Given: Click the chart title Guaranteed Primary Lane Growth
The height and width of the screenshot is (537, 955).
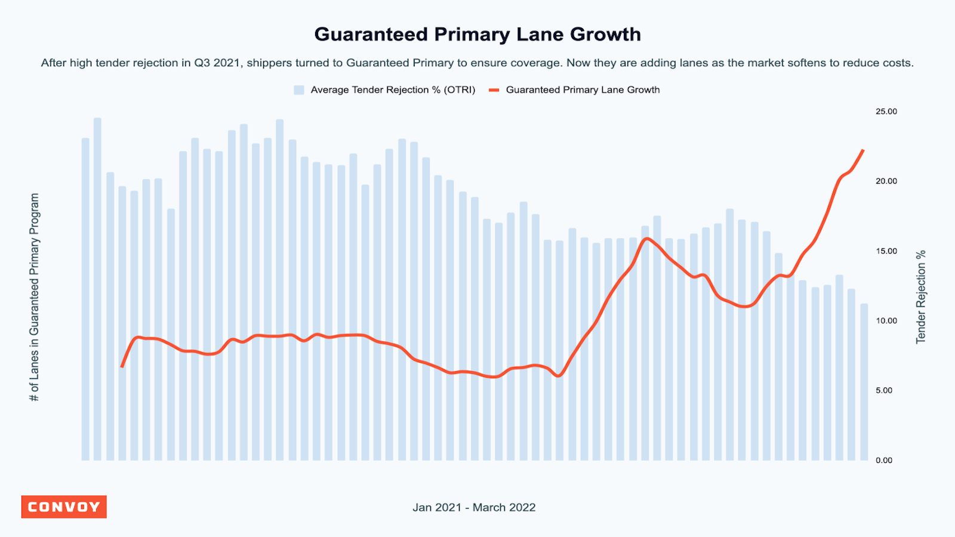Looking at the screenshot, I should pyautogui.click(x=478, y=35).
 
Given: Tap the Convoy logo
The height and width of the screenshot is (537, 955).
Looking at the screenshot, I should pyautogui.click(x=64, y=507).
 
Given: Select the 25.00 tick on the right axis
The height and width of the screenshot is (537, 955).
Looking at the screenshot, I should pyautogui.click(x=886, y=112).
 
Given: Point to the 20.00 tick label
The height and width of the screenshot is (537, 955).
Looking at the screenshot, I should pyautogui.click(x=886, y=181).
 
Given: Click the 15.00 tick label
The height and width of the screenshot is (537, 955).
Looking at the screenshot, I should pyautogui.click(x=886, y=251).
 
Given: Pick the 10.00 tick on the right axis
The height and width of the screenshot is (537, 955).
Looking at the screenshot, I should pyautogui.click(x=886, y=321).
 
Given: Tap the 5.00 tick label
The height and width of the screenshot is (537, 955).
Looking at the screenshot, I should pyautogui.click(x=883, y=391).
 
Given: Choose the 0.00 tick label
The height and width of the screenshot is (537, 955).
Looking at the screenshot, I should pyautogui.click(x=883, y=461).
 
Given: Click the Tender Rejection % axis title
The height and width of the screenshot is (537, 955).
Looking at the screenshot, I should pyautogui.click(x=921, y=297).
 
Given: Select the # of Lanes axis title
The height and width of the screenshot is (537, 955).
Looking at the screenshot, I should pyautogui.click(x=35, y=297).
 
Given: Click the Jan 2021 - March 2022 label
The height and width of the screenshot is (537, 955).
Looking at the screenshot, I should pyautogui.click(x=474, y=508).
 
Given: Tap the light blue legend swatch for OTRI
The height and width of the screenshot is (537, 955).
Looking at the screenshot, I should pyautogui.click(x=299, y=90).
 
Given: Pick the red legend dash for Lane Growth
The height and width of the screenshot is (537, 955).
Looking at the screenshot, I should pyautogui.click(x=494, y=90).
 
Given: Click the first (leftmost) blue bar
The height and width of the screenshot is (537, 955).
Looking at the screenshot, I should pyautogui.click(x=85, y=298).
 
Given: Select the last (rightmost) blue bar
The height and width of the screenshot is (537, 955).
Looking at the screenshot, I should pyautogui.click(x=864, y=382).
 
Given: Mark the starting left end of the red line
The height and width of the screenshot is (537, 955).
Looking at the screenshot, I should pyautogui.click(x=122, y=366).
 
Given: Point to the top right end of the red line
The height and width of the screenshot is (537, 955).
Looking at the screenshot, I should pyautogui.click(x=863, y=150).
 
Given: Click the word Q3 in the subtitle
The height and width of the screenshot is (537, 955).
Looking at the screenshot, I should pyautogui.click(x=202, y=63).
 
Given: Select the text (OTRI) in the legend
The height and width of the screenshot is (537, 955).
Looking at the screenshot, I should pyautogui.click(x=460, y=90).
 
